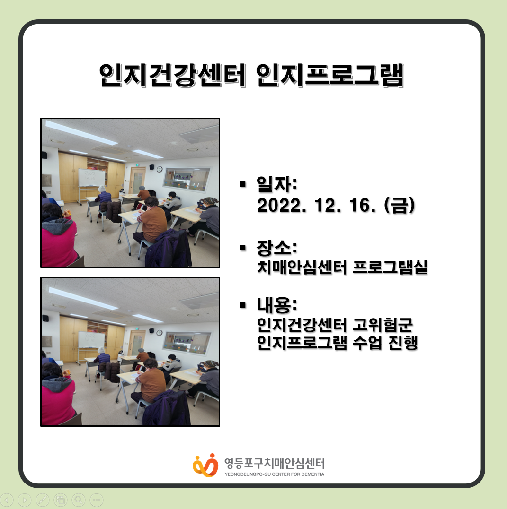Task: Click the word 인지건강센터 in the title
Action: tap(173, 75)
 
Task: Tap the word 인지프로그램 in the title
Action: tap(330, 75)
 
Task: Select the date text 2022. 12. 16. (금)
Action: tap(336, 205)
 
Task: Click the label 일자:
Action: tap(277, 184)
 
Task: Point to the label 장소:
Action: tap(277, 248)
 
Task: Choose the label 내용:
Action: tap(277, 304)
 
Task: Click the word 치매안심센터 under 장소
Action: tap(302, 267)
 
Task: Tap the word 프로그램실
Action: tap(390, 267)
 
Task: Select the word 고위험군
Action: tap(383, 325)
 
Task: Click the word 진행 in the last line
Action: tap(403, 343)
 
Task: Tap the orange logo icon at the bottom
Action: tap(205, 465)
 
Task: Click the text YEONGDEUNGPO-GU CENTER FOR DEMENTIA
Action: tap(274, 474)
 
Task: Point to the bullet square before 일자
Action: tap(243, 184)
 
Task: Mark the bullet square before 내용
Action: tap(243, 305)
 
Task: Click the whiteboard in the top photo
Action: tap(92, 178)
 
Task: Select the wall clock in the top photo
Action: tap(160, 169)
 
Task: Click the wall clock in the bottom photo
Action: tap(160, 332)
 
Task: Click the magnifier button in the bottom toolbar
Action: tap(79, 500)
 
